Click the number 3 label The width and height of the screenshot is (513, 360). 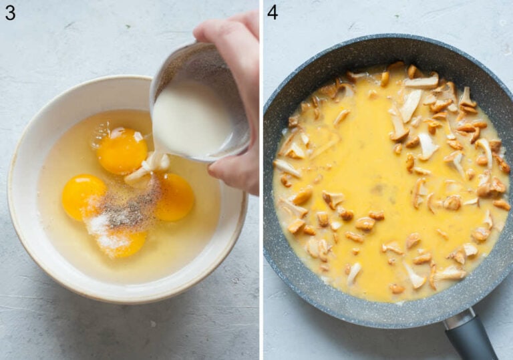pos(10,12)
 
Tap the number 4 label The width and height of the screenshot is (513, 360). pos(272,12)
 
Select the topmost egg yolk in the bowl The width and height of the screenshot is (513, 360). pos(122,151)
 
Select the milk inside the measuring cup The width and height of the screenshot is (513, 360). pos(190,120)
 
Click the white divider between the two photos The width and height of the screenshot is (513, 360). pos(261,180)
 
